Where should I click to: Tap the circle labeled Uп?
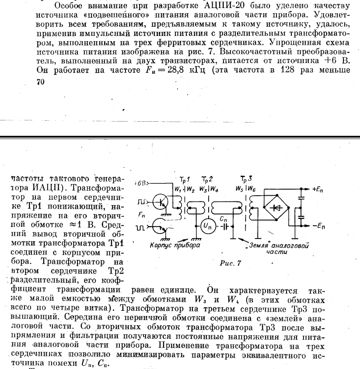[206, 227]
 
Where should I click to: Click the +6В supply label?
[141, 183]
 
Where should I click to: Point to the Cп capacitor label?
[223, 218]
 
